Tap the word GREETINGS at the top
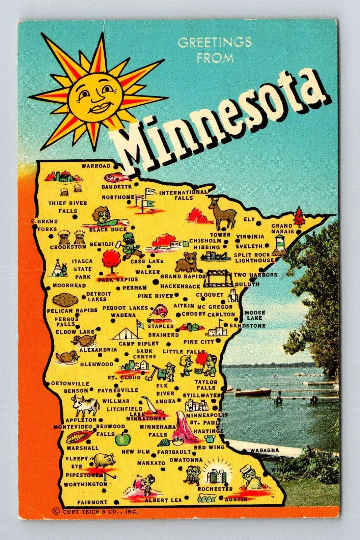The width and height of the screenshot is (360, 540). coord(215,43)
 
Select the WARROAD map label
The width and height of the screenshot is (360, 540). coord(96,166)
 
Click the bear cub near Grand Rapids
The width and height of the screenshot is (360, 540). coord(186,262)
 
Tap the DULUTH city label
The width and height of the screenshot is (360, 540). coord(247,284)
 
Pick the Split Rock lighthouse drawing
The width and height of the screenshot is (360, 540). coord(280,244)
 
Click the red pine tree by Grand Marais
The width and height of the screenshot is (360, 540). coord(299,216)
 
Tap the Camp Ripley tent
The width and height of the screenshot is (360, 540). coord(126,333)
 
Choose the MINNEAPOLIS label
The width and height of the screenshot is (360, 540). coord(206,415)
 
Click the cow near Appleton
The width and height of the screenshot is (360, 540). coord(85,405)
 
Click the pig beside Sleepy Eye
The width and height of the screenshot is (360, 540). coord(104,459)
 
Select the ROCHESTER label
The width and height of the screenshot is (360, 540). coord(215,489)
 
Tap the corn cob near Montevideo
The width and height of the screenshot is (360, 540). coord(78,437)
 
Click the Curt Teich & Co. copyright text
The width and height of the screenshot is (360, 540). coord(96,512)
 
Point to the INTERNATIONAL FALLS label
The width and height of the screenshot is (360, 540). coord(184,195)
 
